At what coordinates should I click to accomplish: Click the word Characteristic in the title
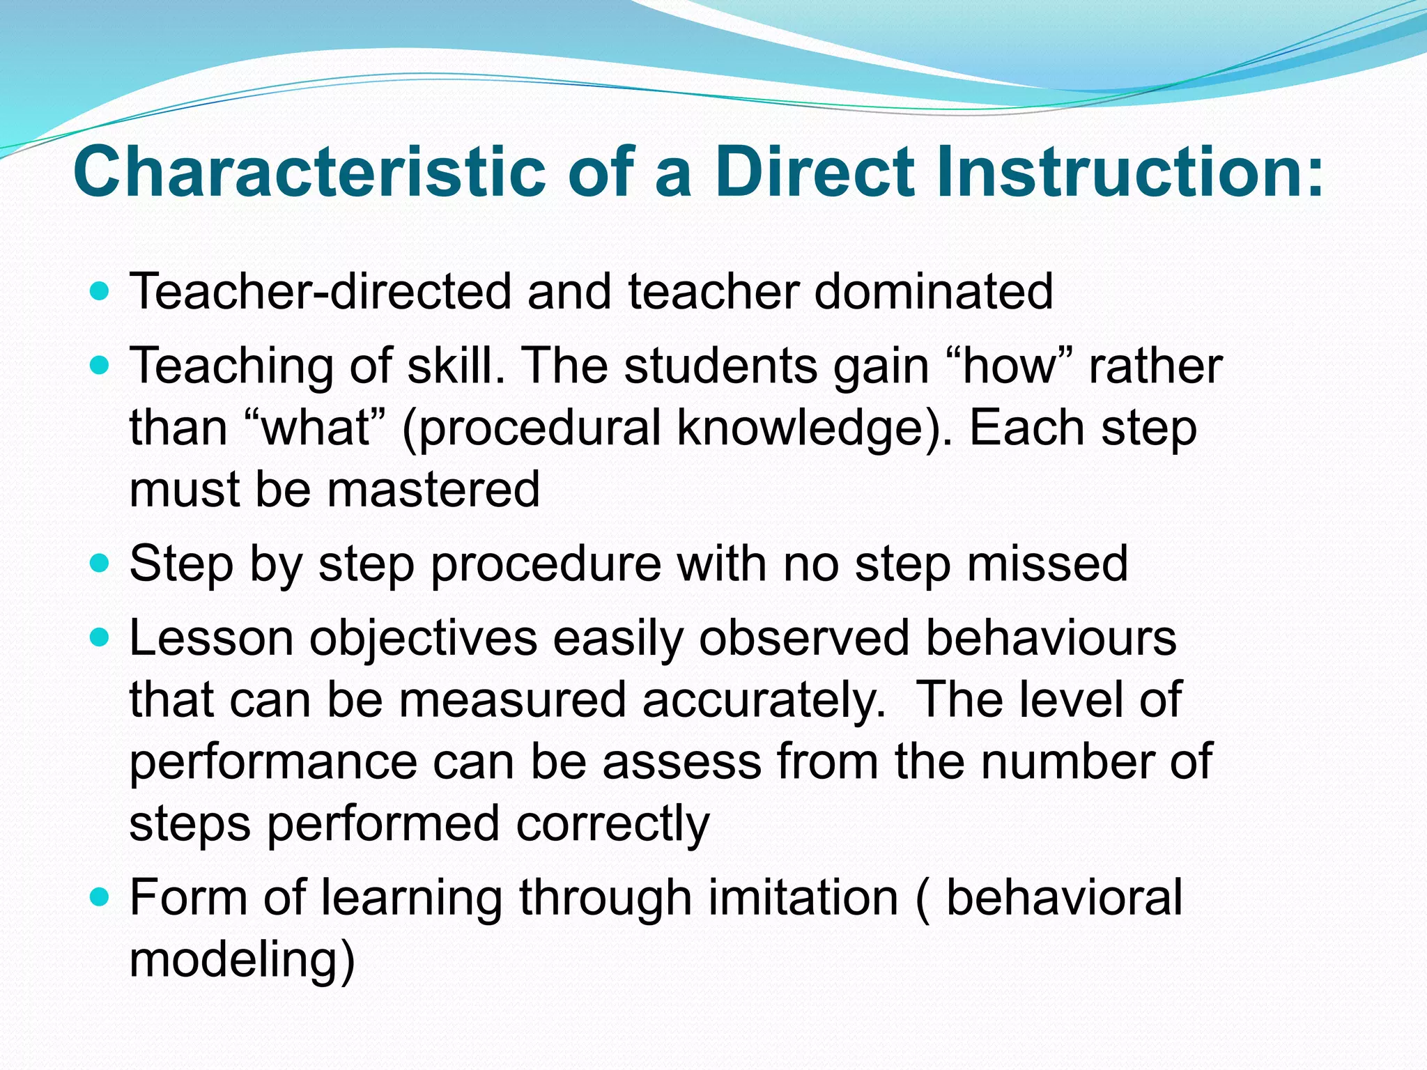point(309,171)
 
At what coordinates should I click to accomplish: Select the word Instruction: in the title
point(1129,171)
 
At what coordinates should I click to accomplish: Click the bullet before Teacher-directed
point(100,290)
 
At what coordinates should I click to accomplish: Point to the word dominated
point(933,290)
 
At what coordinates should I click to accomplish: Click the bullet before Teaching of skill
point(100,364)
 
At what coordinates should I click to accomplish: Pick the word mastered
point(433,489)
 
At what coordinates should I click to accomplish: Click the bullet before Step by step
point(100,563)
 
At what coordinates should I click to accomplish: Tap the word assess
point(681,761)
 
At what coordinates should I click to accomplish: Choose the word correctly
point(612,823)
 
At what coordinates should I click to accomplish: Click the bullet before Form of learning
point(100,897)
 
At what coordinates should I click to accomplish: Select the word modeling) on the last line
point(242,959)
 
